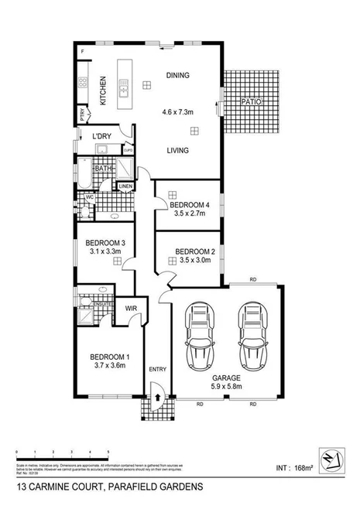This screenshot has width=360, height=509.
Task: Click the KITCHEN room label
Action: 103,90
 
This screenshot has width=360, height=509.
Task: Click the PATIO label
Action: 249,101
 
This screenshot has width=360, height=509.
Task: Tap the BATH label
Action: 102,168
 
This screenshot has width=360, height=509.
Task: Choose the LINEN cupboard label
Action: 126,186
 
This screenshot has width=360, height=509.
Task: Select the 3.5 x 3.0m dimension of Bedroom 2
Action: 194,261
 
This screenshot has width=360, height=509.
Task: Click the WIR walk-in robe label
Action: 131,307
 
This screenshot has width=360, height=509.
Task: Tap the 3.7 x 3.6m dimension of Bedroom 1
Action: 106,366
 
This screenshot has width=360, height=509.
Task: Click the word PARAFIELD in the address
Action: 135,487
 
